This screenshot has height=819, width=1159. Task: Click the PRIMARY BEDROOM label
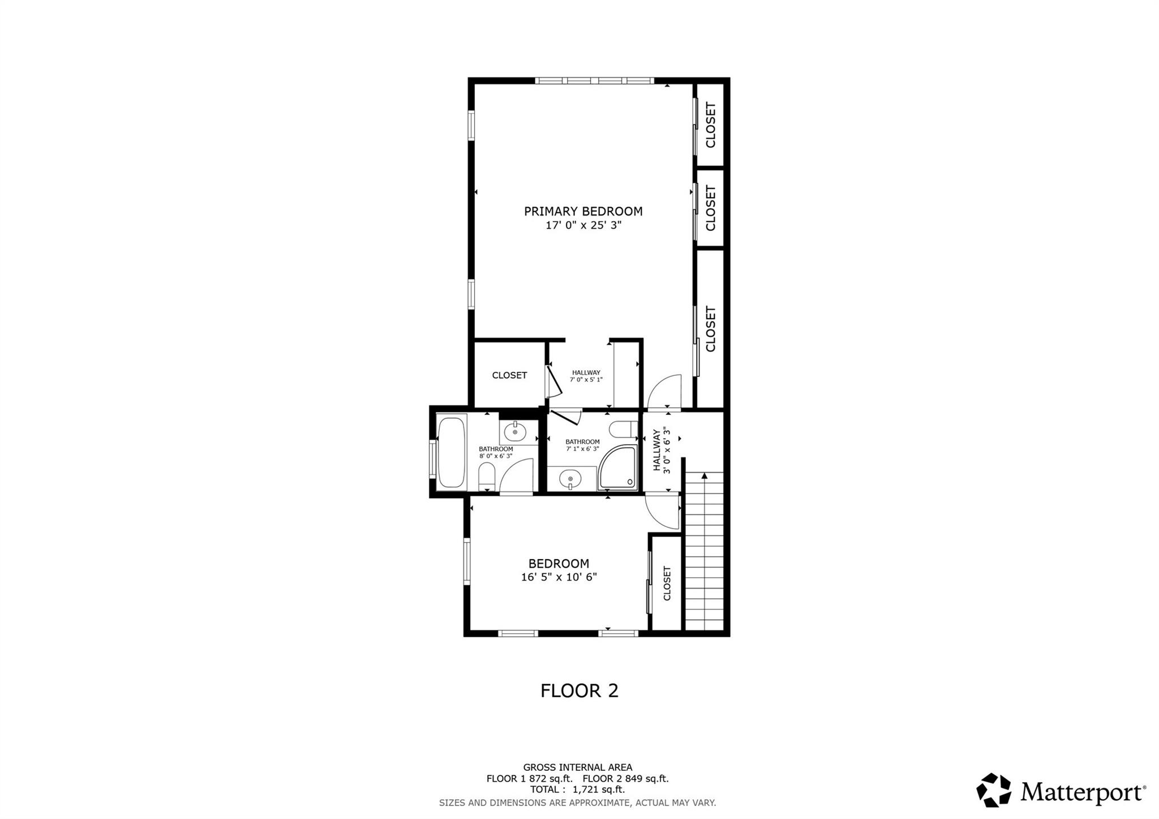coord(583,211)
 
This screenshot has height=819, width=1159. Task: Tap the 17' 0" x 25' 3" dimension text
coord(583,225)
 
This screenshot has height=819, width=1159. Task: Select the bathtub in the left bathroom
coord(452,452)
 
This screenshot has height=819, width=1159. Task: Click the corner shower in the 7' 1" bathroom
coord(618,468)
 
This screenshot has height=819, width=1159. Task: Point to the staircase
coord(705,551)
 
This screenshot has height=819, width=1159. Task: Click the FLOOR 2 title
coord(579,691)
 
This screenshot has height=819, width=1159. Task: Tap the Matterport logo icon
coord(993,790)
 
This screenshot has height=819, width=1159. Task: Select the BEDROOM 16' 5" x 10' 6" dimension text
coord(559,577)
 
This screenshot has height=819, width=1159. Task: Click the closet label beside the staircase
coord(667,584)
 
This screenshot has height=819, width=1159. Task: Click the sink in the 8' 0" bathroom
coord(515,432)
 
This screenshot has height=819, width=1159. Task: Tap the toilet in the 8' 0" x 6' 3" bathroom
coord(487,477)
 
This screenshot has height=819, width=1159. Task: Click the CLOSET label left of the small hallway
coord(509,375)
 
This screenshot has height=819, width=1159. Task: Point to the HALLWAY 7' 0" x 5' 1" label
coord(586,376)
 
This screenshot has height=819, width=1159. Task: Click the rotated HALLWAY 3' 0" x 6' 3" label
coord(662,450)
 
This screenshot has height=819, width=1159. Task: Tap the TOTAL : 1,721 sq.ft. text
coord(577,790)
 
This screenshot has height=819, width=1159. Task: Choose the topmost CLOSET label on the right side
coord(710,125)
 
